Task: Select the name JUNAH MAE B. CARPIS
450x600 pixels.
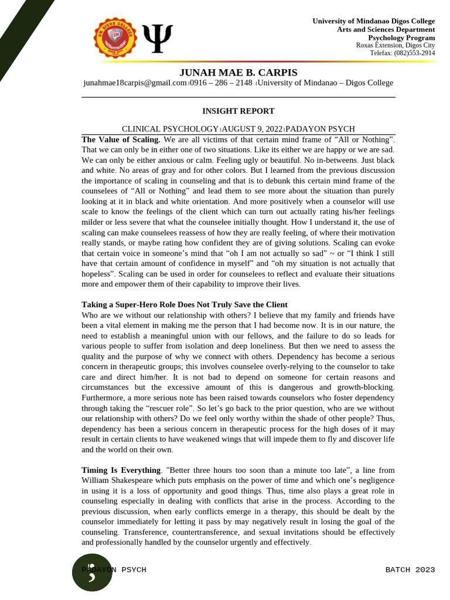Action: [x=238, y=73]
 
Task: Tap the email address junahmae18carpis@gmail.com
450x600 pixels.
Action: [x=135, y=83]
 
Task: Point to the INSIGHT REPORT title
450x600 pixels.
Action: [x=238, y=111]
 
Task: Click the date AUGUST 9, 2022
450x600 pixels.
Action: [x=252, y=129]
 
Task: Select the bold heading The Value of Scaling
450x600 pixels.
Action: [x=121, y=139]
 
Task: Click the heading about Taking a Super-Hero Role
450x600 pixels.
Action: [x=184, y=305]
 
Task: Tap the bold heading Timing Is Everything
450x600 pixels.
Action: [x=121, y=470]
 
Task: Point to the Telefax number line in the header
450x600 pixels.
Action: [x=403, y=53]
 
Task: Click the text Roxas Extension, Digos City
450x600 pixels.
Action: [x=396, y=45]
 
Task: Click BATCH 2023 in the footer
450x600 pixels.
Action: [x=410, y=570]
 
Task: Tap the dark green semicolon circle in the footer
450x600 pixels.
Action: [x=92, y=572]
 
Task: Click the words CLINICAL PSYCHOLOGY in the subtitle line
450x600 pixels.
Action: [x=169, y=129]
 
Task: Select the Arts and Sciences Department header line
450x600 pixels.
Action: [x=386, y=29]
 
